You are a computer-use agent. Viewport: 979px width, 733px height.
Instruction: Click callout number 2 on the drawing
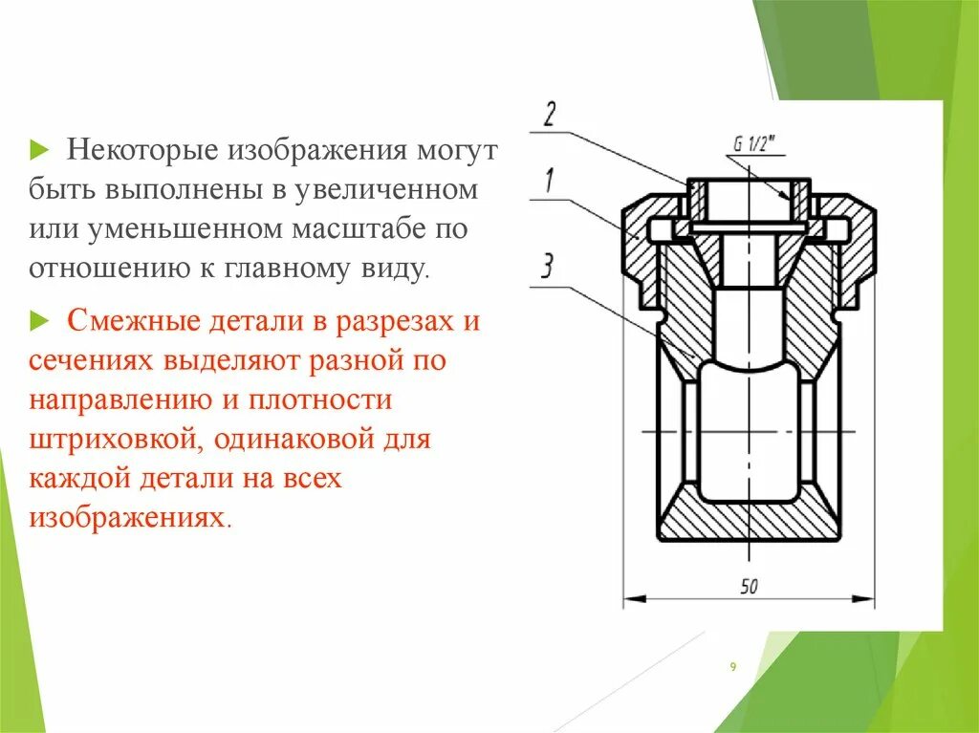549,114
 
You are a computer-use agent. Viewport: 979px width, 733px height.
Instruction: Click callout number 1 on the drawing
549,182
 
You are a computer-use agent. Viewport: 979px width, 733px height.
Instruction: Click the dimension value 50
748,586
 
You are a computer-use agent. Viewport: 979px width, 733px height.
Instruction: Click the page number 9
732,668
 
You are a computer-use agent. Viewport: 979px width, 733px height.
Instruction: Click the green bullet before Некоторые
38,150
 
